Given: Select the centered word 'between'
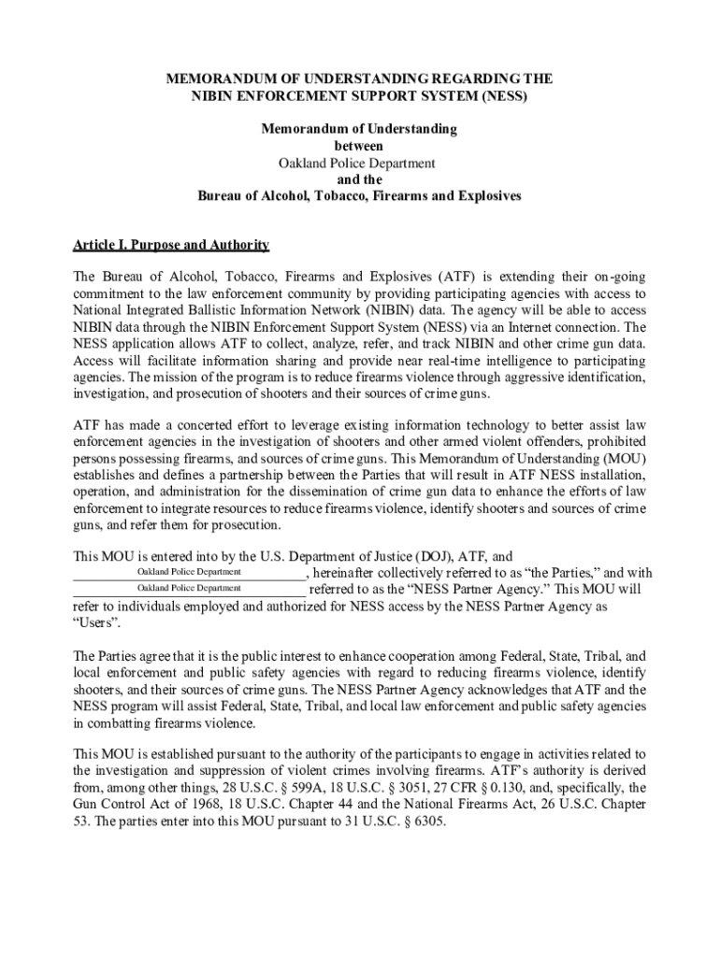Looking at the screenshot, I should [359, 146].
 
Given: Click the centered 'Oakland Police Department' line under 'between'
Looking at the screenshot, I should [359, 163].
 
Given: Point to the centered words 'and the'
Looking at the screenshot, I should [359, 179].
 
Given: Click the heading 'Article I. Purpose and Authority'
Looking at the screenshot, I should [171, 245].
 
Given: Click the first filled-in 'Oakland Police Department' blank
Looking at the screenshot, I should [189, 572].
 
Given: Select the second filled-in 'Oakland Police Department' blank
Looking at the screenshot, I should [189, 589].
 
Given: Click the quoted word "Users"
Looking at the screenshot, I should [94, 622].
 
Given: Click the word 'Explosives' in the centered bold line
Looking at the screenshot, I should [482, 196].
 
